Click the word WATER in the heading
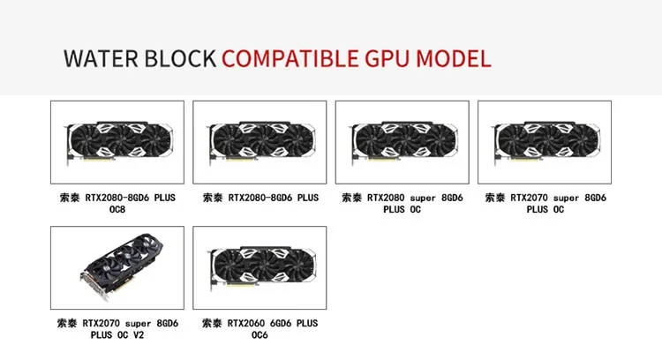coord(99,59)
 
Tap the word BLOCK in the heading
coord(177,59)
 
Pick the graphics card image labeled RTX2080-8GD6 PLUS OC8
coord(117,142)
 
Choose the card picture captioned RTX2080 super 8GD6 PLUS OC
coord(402,142)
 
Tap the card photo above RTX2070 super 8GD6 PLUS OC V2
coord(117,267)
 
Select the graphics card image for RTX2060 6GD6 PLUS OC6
coord(260,267)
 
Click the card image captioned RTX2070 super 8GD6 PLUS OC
coord(545,142)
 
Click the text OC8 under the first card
coord(117,210)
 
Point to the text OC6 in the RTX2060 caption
coord(260,335)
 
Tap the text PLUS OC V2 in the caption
coord(117,335)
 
